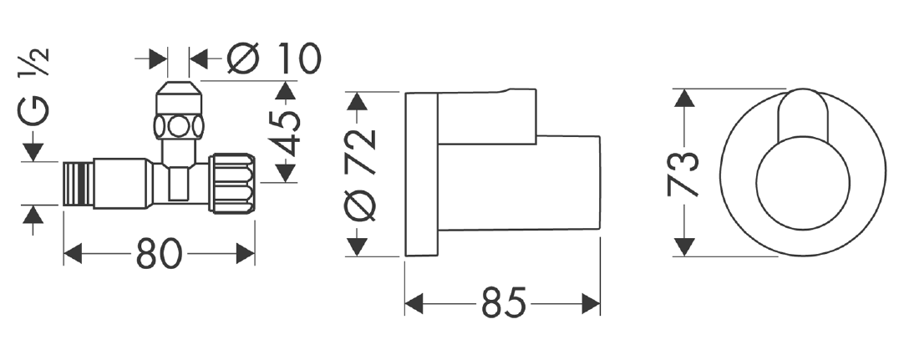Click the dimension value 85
point(504,302)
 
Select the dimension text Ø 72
point(362,174)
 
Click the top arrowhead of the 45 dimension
point(286,89)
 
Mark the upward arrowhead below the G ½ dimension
point(33,215)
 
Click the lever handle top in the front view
point(803,106)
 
